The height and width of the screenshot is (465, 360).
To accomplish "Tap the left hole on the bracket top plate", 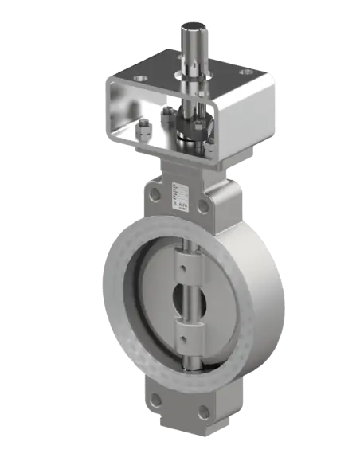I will tap(142, 80).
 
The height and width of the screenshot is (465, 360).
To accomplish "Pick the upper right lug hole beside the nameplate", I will tap(204, 206).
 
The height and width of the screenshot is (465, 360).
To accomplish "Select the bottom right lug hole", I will tap(203, 412).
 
